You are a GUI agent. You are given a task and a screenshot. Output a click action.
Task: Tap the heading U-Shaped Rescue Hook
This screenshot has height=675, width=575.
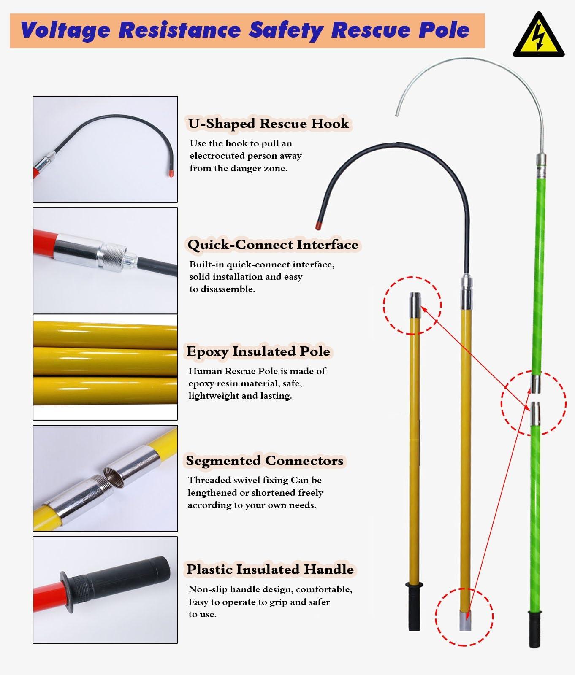point(269,124)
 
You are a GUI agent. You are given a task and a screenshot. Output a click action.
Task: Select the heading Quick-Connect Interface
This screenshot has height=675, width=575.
point(273,245)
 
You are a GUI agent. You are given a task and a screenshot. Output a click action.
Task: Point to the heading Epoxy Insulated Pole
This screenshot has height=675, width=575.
point(258,351)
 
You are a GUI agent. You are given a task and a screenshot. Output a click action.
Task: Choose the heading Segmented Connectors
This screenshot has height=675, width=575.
point(264,460)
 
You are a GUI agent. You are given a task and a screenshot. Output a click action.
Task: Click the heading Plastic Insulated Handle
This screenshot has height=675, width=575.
point(270,569)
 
